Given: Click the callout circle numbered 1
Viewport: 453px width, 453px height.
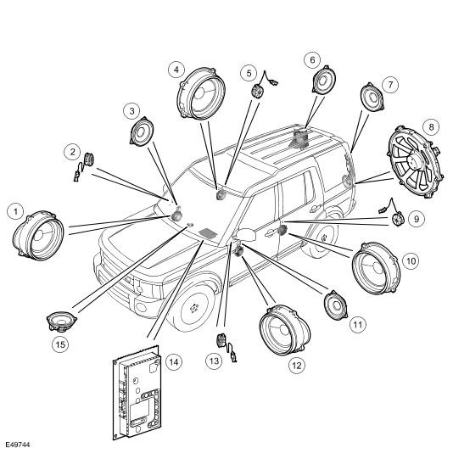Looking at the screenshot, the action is coord(15,212).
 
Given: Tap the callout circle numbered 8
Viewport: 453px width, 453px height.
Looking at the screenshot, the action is coord(431,127).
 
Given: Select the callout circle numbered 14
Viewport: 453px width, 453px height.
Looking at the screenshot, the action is coord(174,361).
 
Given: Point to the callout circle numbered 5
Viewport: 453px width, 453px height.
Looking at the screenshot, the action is coord(249,73).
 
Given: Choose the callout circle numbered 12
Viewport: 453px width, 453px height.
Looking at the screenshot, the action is coord(297,366).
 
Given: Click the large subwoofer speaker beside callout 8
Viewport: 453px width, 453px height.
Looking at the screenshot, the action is coord(415,162).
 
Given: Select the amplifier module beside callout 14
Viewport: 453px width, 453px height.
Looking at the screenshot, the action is coord(137,392).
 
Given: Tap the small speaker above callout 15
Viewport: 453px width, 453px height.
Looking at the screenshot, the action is coord(62,321).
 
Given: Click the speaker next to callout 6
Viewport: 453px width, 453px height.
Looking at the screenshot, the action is coord(324,80).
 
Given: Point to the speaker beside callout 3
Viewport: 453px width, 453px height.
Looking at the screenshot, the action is coord(142,131).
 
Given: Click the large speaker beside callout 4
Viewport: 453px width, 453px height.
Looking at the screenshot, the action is coord(201,93).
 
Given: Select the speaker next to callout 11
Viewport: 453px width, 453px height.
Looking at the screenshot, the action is coord(336,305).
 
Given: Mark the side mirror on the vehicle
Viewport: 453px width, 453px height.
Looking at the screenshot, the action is coord(246,234).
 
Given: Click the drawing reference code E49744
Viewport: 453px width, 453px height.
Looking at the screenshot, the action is coord(18,445).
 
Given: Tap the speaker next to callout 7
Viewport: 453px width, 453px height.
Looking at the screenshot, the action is coord(372,97).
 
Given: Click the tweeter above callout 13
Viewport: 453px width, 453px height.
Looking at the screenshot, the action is coord(226,346).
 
